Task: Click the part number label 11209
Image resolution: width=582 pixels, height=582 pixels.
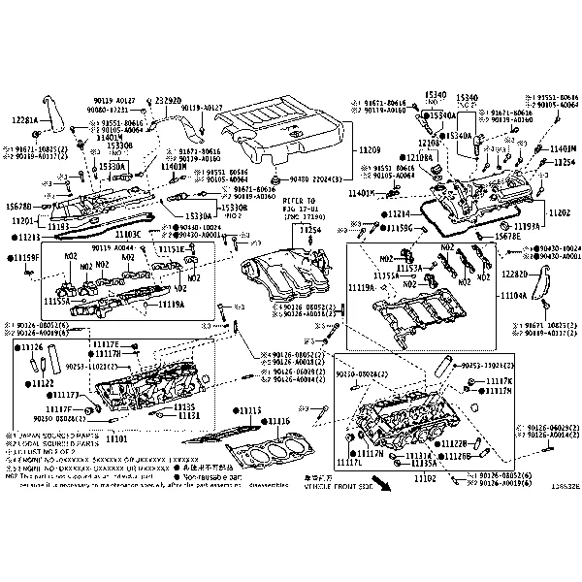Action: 371,151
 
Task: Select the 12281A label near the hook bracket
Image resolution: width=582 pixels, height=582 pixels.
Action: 24,119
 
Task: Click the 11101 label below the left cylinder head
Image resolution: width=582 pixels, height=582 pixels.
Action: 116,438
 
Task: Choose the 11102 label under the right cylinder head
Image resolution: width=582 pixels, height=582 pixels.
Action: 425,479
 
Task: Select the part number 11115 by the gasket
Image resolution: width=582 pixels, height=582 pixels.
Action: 250,410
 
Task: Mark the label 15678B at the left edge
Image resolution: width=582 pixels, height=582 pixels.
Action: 18,207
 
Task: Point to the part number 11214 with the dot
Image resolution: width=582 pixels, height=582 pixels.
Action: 398,213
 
